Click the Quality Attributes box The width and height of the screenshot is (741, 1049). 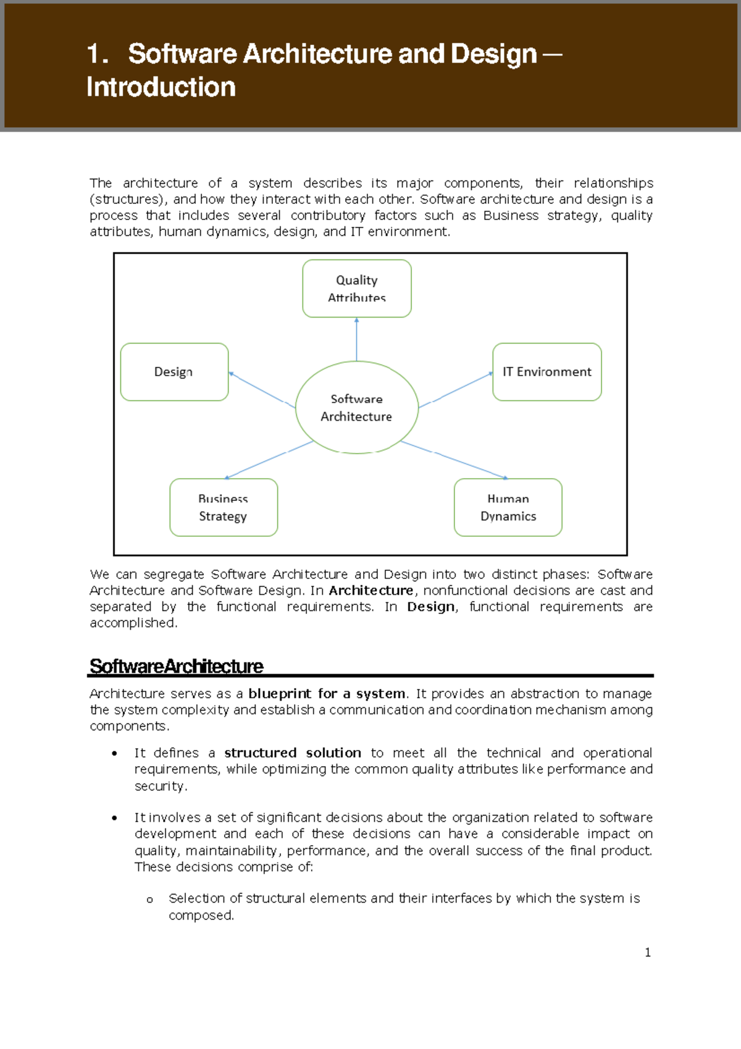click(357, 289)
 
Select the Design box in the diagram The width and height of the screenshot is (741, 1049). click(174, 372)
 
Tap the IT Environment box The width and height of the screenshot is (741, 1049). click(546, 372)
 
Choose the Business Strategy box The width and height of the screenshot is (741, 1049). click(224, 507)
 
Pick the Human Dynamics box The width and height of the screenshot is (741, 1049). click(508, 507)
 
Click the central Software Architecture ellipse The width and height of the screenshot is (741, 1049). click(357, 408)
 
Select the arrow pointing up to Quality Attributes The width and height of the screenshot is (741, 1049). click(357, 339)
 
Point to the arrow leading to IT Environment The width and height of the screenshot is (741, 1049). click(456, 390)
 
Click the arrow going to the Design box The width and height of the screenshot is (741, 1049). click(262, 389)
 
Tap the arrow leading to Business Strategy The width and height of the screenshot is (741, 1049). click(269, 460)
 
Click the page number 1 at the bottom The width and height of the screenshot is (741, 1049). click(648, 953)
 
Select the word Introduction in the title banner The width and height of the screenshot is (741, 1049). click(161, 87)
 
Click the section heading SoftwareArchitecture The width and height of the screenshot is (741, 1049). click(177, 666)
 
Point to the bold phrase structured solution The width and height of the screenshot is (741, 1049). click(293, 753)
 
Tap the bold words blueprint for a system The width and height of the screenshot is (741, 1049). click(327, 694)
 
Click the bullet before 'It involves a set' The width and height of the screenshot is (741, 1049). click(115, 818)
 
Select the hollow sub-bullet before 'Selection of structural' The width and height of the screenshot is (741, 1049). click(149, 900)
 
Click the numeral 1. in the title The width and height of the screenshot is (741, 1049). click(98, 54)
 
